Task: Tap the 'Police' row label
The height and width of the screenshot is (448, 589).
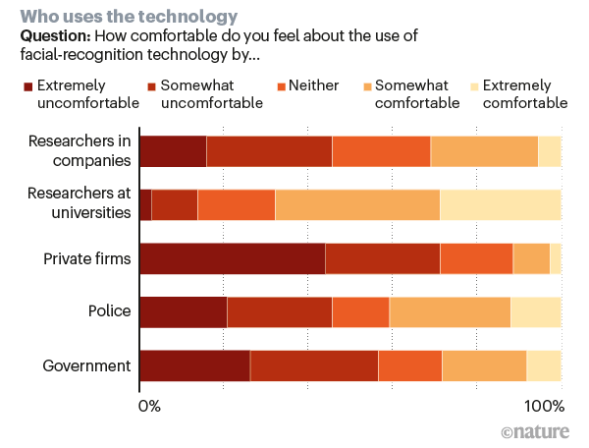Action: pos(109,310)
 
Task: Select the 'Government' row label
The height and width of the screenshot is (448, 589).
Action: pos(86,365)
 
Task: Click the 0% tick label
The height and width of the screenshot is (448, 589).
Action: pos(149,406)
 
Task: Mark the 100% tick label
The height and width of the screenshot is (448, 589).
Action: pos(544,406)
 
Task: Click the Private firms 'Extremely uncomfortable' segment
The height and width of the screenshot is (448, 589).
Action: pos(232,257)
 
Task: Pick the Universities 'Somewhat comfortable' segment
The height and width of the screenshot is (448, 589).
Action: pos(357,203)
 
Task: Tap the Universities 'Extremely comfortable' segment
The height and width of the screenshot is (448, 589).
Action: pos(500,203)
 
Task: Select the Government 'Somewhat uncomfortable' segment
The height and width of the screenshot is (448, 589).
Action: pos(314,364)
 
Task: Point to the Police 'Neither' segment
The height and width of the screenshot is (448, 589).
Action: pos(361,310)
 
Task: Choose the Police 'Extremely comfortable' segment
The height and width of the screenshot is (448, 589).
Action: pos(536,310)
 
